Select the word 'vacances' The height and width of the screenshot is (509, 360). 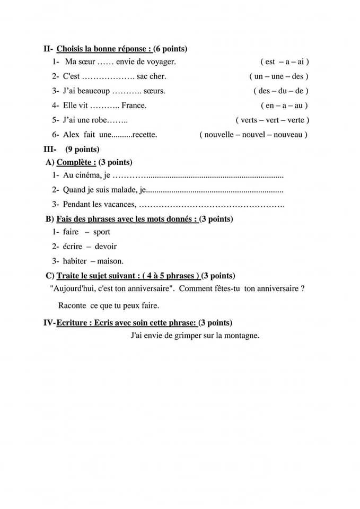[119, 204]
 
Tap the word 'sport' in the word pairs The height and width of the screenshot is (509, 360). [101, 232]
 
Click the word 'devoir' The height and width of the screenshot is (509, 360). [106, 247]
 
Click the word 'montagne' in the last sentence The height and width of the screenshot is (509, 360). [241, 336]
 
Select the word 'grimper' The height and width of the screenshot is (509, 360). [188, 336]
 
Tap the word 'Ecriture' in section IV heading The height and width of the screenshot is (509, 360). [73, 322]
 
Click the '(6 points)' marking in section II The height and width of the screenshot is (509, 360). [170, 49]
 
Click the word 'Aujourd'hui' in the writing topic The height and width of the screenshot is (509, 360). [70, 289]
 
